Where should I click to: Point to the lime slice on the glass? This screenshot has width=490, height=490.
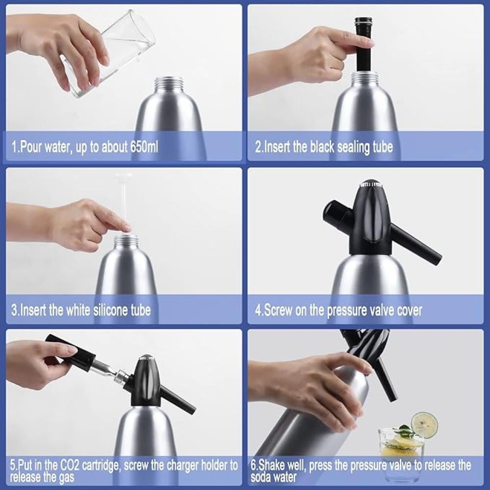tap(424, 425)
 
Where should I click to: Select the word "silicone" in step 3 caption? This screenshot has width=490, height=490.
tap(108, 310)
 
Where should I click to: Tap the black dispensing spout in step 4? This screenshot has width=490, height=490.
tap(416, 244)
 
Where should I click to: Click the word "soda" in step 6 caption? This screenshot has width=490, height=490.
tap(261, 478)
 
